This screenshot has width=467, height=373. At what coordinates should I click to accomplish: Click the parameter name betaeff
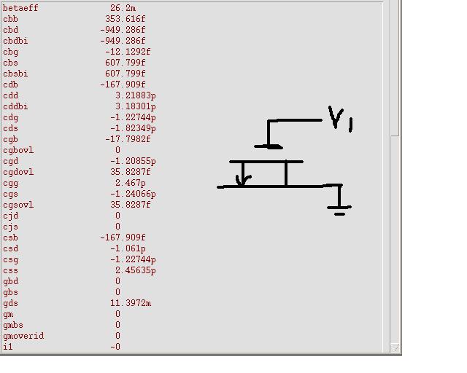(20, 8)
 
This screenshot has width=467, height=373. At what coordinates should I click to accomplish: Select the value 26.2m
(123, 8)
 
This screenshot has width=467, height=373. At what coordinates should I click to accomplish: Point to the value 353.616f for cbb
(126, 19)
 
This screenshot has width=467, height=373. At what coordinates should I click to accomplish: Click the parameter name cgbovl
(18, 150)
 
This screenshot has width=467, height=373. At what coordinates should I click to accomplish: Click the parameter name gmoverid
(23, 336)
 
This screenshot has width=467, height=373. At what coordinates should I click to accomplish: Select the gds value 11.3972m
(131, 303)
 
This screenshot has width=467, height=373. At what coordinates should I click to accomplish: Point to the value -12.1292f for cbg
(128, 52)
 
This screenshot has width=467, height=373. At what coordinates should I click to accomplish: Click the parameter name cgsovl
(18, 205)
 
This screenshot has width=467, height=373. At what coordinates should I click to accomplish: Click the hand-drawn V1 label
(341, 119)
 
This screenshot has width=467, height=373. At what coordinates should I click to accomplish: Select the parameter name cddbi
(15, 106)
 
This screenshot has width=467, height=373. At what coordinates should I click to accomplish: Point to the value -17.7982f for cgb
(128, 139)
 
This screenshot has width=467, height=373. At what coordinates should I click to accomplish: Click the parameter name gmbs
(13, 325)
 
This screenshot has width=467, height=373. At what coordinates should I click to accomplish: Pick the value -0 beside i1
(115, 347)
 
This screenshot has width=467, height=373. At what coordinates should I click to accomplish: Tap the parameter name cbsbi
(15, 74)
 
